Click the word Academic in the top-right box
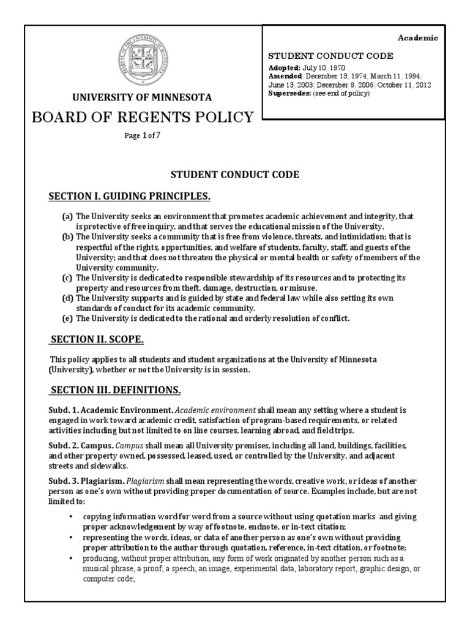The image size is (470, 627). point(419,38)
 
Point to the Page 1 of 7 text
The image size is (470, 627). point(142,135)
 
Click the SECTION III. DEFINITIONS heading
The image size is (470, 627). point(116,389)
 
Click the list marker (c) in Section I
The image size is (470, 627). point(66,277)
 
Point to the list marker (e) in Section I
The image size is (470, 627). point(66,318)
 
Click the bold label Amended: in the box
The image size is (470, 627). point(286,75)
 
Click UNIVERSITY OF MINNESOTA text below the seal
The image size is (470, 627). point(142,97)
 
